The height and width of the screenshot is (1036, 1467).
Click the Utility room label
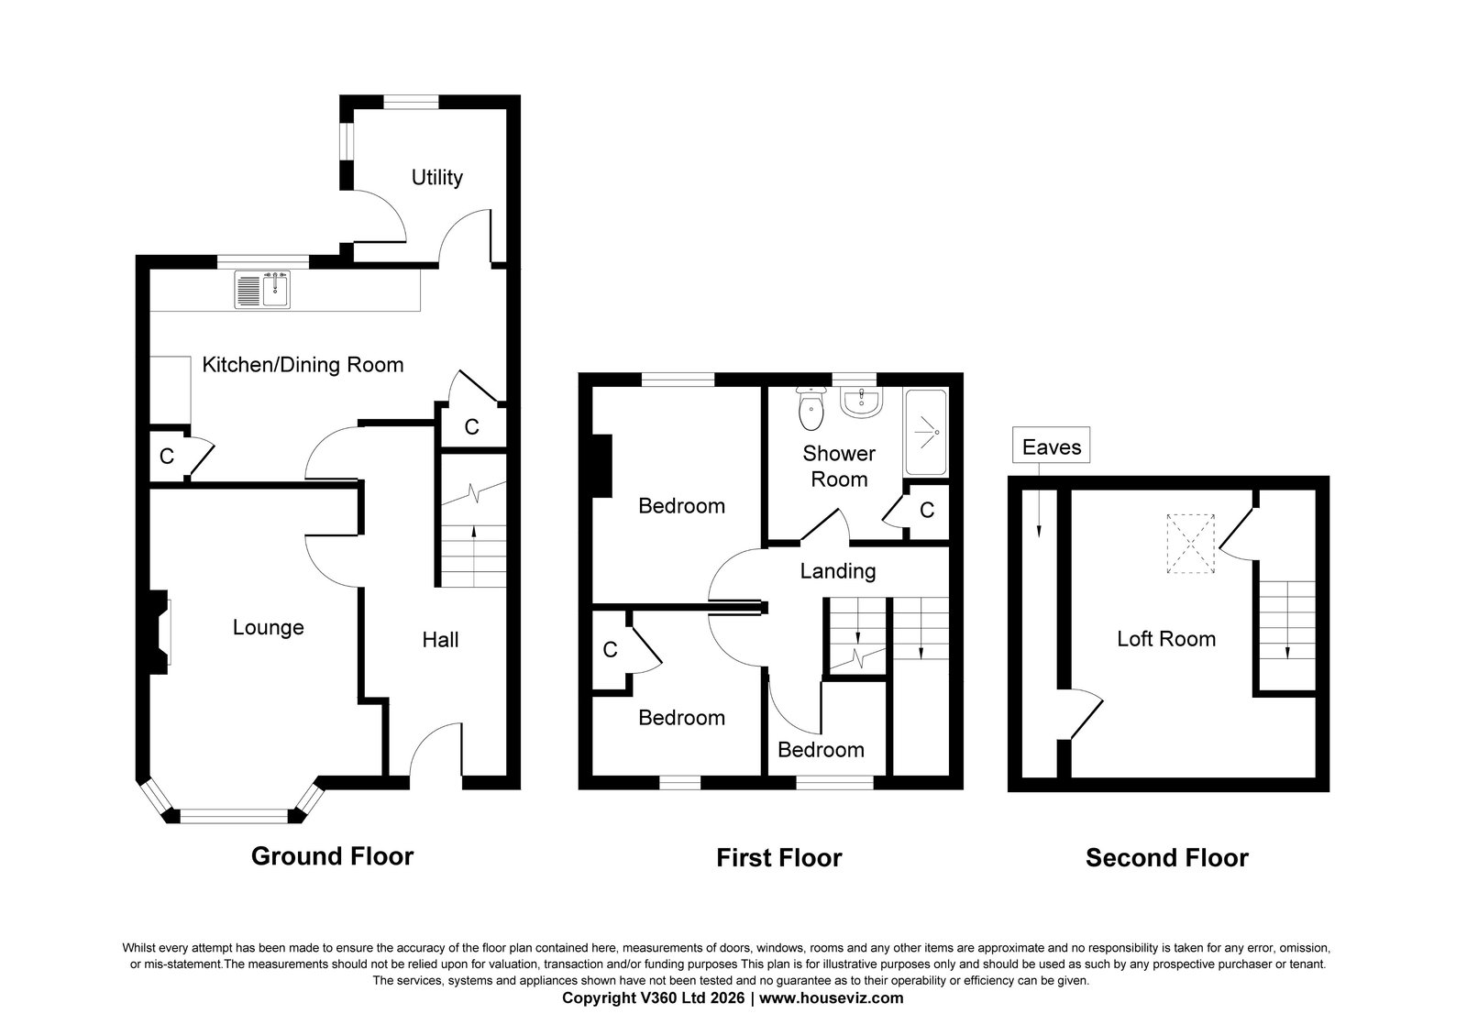coord(436,178)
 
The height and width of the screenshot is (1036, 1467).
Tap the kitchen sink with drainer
coord(262,290)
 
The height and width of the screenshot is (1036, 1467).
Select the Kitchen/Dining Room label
coord(303,365)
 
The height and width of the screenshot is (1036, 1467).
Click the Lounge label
coord(269,627)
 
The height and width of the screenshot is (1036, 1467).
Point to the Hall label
coord(440,640)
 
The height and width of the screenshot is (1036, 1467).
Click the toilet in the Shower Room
coord(811,409)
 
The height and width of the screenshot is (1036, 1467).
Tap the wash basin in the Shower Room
coord(863,402)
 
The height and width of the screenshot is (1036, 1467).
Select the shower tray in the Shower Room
coord(925,432)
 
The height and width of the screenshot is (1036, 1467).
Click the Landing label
coord(838,571)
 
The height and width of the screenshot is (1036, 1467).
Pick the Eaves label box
coord(1051,446)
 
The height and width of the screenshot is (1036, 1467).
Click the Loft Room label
coord(1166,638)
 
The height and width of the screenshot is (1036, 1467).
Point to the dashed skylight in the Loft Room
coord(1191,545)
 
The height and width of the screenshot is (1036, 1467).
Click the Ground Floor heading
coord(332,856)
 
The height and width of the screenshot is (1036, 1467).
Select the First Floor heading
coord(779,858)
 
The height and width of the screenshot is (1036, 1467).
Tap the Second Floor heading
coord(1167,858)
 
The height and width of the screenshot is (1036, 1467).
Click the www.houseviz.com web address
coord(831,998)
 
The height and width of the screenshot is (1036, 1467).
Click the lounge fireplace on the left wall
coord(158,633)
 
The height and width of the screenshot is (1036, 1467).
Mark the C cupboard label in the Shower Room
coord(927,510)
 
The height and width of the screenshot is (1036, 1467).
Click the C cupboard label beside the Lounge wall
coord(166,457)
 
